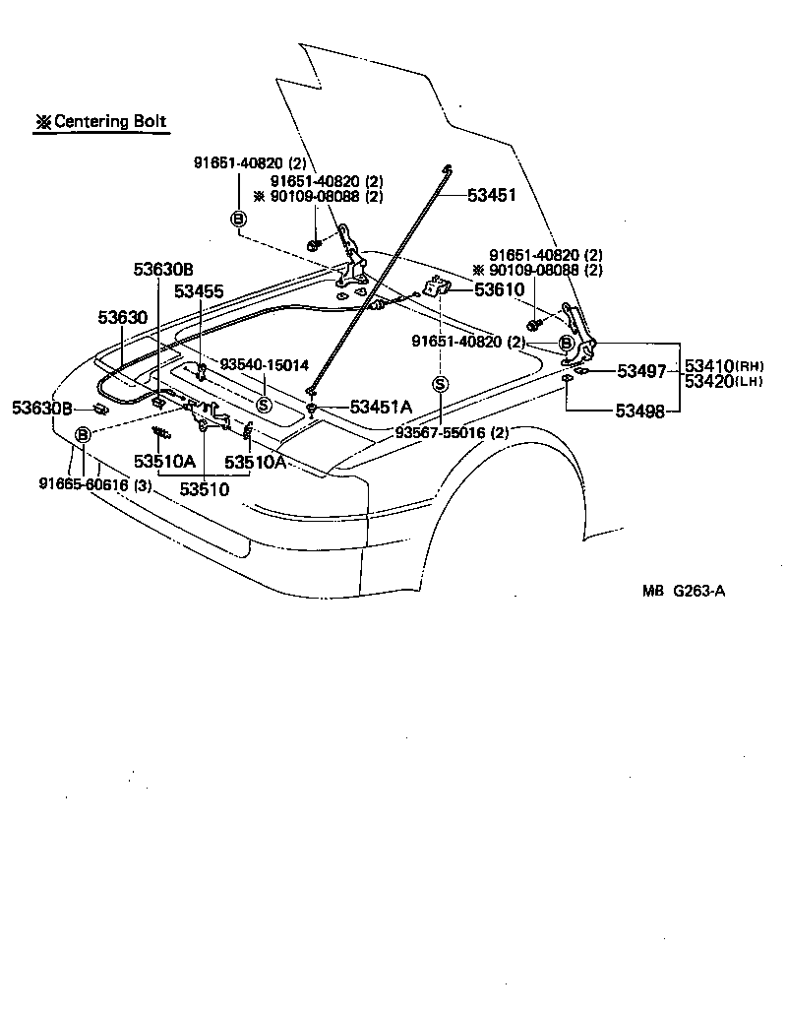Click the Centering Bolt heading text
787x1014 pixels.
coord(102,123)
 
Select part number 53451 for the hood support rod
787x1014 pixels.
coord(491,196)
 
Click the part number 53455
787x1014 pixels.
coord(199,291)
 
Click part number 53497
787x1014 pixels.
coord(641,371)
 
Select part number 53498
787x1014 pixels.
coord(641,411)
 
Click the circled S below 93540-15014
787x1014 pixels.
coord(264,405)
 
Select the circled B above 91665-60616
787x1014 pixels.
coord(84,434)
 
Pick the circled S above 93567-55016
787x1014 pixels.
coord(440,384)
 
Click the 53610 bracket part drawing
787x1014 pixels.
coord(434,288)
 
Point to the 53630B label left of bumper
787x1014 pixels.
coord(42,408)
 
